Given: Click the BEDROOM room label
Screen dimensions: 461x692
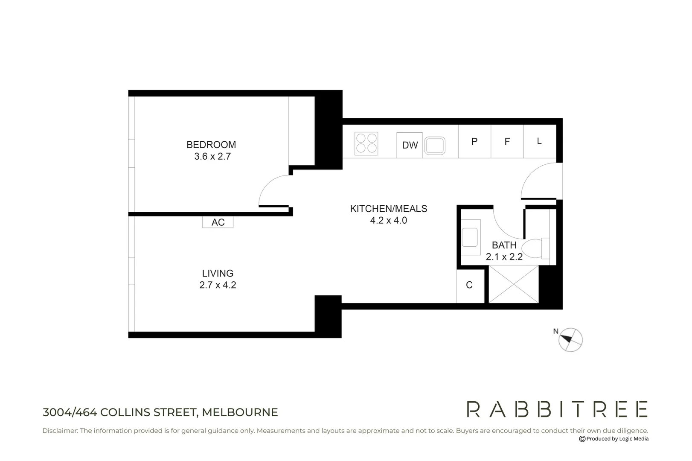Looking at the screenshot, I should [x=211, y=145].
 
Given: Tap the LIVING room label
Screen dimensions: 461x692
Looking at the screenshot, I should [x=218, y=273].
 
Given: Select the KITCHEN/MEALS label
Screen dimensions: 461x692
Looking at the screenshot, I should [x=388, y=209].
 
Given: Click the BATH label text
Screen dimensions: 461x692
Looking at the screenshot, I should [x=504, y=245].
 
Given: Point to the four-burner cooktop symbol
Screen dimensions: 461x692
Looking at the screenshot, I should [x=366, y=143].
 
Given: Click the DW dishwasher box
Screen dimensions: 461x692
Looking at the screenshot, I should [x=410, y=145].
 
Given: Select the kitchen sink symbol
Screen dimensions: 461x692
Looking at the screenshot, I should [x=435, y=146].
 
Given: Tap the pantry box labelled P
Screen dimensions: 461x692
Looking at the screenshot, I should [x=474, y=142].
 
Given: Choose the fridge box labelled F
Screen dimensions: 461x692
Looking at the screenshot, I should [x=507, y=142].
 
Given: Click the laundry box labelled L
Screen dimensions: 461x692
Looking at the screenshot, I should [x=539, y=141].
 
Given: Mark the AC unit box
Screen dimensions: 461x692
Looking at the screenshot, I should [x=218, y=222].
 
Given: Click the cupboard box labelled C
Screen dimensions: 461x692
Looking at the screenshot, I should [x=470, y=285].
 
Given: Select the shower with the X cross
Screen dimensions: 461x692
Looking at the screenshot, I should [x=514, y=284].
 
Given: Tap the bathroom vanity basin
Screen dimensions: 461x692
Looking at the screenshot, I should [x=470, y=237].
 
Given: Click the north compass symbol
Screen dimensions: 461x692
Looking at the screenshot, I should [x=570, y=340].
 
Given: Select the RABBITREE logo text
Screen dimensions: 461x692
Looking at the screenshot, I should [x=557, y=409].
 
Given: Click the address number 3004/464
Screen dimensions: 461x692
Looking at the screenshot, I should [x=70, y=412].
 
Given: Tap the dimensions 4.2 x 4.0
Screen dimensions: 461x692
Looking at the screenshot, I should [x=388, y=221].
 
